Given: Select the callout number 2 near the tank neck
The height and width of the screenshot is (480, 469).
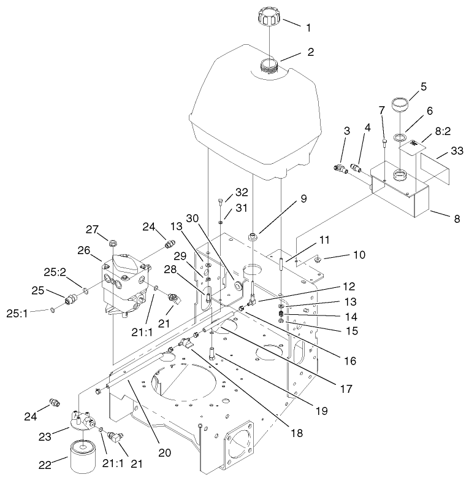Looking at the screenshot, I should (x=311, y=52).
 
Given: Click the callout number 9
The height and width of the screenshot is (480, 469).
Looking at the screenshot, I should (x=286, y=199).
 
